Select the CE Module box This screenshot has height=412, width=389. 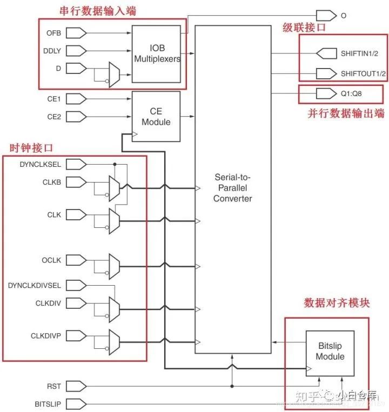(156, 116)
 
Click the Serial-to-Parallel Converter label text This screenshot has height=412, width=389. (233, 187)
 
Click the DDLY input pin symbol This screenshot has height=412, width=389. (77, 51)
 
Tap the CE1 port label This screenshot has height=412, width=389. (54, 99)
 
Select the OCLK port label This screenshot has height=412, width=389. (51, 260)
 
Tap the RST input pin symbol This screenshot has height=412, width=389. (77, 386)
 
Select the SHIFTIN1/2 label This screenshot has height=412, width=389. (359, 54)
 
